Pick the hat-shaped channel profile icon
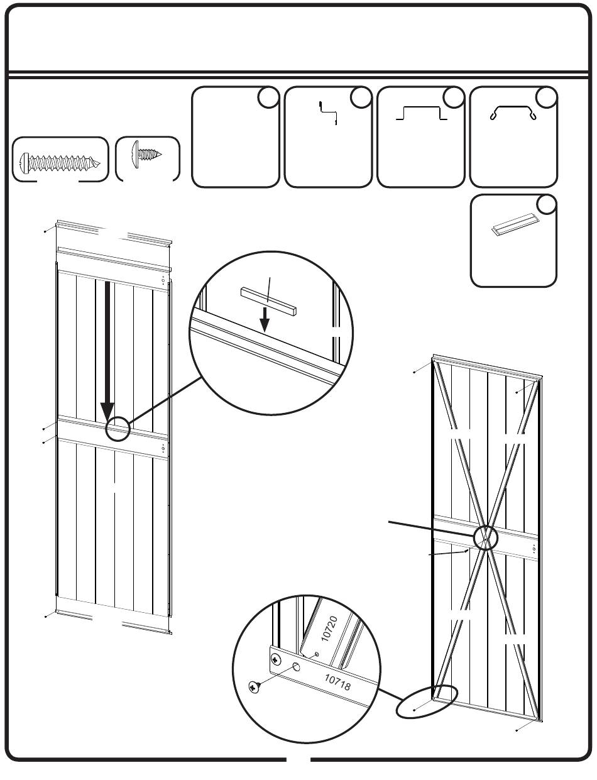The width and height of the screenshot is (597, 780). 421,114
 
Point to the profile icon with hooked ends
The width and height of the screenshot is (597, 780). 513,113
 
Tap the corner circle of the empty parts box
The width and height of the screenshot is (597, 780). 269,97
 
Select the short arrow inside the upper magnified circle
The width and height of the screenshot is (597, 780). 265,318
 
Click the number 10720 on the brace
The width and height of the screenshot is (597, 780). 331,629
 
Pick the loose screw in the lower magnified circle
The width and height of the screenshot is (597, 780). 255,688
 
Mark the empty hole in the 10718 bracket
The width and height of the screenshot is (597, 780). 296,667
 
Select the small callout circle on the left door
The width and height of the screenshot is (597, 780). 118,430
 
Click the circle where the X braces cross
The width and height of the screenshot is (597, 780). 485,538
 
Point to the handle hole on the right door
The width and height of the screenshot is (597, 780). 534,549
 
